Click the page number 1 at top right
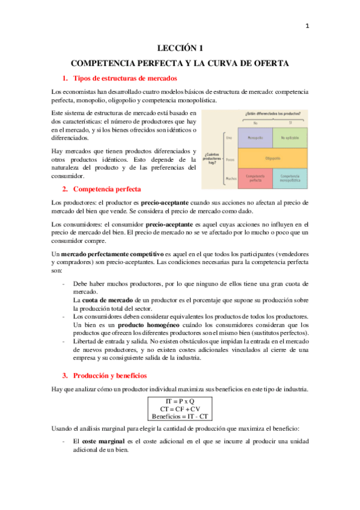307,26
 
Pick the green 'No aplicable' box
290,138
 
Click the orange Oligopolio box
273,159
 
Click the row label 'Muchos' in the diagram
230,179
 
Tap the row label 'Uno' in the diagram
229,138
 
